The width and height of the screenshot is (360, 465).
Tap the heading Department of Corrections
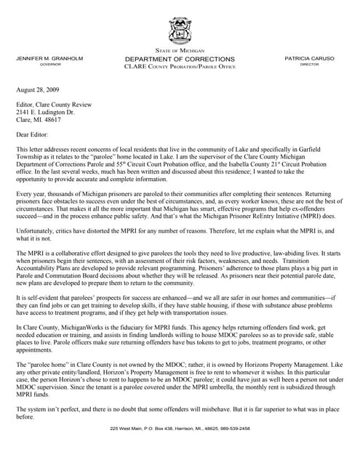tap(180, 59)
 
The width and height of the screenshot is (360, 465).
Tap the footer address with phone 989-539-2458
tap(180, 429)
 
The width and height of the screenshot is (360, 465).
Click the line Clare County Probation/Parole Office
tap(180, 67)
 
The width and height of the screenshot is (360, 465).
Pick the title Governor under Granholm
tap(50, 65)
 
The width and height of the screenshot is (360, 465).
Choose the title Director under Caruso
tap(309, 65)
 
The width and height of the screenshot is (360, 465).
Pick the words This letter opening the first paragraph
tap(31, 148)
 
